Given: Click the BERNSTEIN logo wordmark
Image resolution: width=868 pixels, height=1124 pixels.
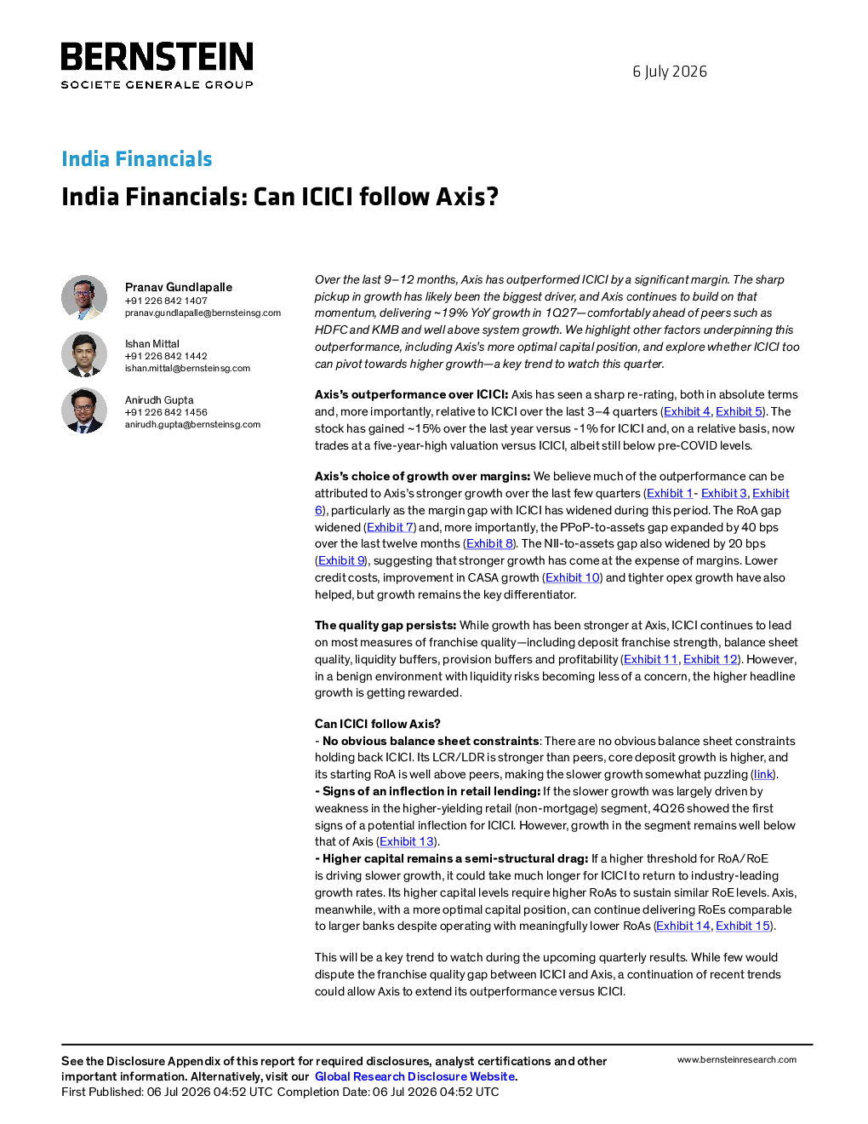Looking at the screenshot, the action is tap(157, 56).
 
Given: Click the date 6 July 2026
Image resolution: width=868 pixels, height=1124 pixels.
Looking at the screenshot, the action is tap(670, 72).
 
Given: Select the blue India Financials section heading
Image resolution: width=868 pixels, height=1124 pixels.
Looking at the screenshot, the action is tap(136, 158).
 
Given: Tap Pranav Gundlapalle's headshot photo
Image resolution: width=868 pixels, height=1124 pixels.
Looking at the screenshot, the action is tap(84, 297).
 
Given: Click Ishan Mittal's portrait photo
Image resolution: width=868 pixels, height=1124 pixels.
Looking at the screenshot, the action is tap(84, 353).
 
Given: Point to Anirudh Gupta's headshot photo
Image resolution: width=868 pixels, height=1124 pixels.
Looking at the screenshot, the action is tap(84, 410).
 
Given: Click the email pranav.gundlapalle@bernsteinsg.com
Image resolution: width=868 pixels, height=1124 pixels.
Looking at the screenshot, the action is tap(203, 313).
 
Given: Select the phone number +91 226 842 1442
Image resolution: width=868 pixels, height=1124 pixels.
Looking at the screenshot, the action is tap(166, 356).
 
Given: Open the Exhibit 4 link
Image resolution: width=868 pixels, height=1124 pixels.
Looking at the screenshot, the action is tap(687, 411).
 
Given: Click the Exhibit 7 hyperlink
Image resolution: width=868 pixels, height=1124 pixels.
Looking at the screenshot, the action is tap(390, 527).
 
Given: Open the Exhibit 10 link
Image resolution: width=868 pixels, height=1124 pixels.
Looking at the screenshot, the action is tap(573, 577).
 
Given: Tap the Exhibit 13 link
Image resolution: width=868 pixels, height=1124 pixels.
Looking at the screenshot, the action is tap(406, 841).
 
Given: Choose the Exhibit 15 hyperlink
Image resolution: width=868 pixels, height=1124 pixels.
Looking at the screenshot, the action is tap(743, 926).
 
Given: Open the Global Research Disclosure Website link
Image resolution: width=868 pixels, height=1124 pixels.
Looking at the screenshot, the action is tap(415, 1076).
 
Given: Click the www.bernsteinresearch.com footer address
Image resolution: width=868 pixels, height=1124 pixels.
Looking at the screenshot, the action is tap(737, 1060).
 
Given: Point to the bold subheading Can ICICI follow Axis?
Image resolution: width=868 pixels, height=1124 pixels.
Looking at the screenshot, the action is tap(377, 724).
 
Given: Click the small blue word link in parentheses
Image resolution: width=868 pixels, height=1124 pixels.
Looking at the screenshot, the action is tap(763, 774).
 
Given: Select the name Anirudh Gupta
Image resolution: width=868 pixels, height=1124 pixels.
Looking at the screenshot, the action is tap(159, 400).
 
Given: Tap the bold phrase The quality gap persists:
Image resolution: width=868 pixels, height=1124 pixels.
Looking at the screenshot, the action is tap(385, 625).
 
